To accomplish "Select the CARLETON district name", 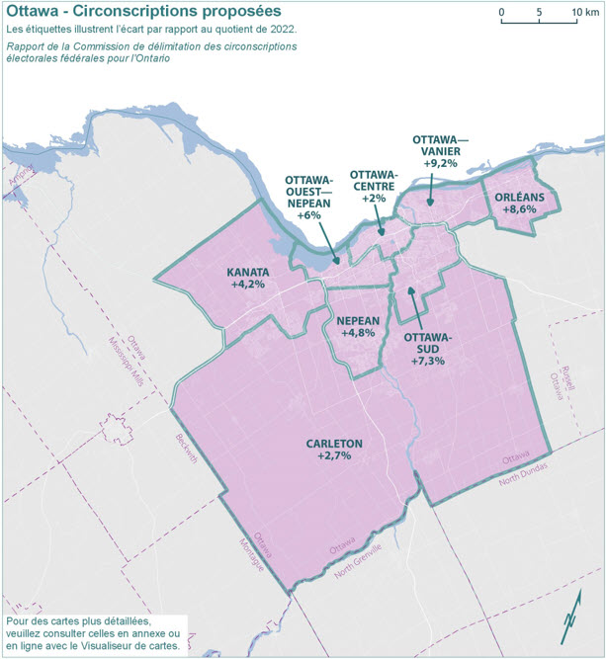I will (x=335, y=443).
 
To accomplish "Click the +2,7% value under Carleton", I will (x=335, y=456).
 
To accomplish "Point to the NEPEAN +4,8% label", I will (x=358, y=327).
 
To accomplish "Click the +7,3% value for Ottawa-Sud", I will (x=428, y=361).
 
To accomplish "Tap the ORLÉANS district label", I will (x=520, y=196).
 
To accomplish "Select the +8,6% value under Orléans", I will (x=520, y=209).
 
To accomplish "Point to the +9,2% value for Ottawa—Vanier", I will (x=440, y=163).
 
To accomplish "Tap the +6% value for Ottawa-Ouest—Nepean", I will (x=310, y=215).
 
